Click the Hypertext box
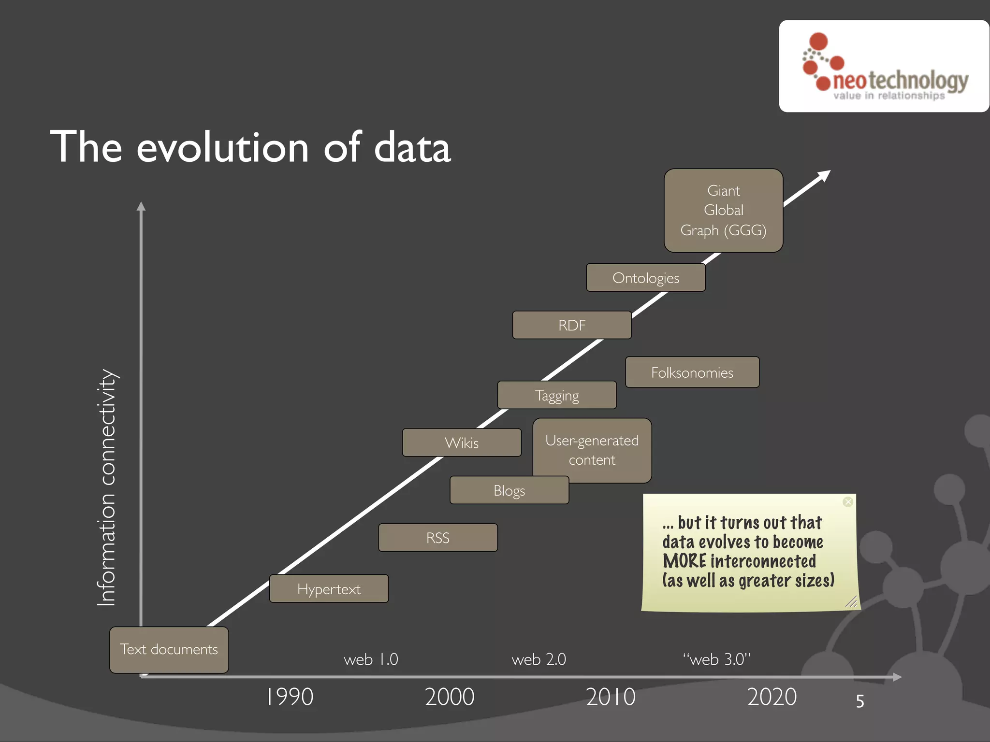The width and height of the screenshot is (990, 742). point(329,588)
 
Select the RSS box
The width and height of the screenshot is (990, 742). point(438,537)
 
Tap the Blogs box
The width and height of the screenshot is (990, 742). point(509,490)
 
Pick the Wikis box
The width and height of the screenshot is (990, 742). point(462,442)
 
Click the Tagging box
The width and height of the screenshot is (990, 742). point(557,395)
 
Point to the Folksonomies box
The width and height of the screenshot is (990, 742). point(692,372)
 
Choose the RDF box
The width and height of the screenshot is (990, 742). point(572,325)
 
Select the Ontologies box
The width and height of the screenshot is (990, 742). point(646,278)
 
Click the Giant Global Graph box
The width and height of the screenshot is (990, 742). point(723,211)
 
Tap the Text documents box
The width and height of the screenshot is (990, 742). point(169,649)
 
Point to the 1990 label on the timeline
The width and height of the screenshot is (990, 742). point(290,697)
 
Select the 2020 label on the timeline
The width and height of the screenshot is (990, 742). point(772,697)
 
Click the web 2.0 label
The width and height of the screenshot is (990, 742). point(539,659)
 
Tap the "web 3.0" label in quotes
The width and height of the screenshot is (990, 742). point(717,659)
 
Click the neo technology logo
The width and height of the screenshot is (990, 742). point(884,67)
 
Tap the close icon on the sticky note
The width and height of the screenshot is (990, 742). point(848,502)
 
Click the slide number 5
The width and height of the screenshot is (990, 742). point(860,701)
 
